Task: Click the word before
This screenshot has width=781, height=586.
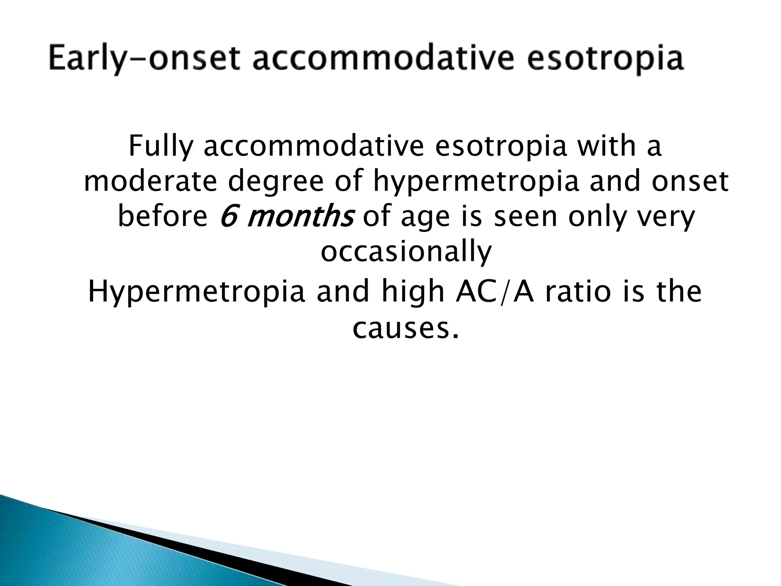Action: [162, 217]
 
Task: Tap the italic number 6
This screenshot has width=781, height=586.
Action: [228, 217]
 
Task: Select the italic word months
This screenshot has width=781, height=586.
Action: [300, 217]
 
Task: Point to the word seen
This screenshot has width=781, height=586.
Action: [526, 217]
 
